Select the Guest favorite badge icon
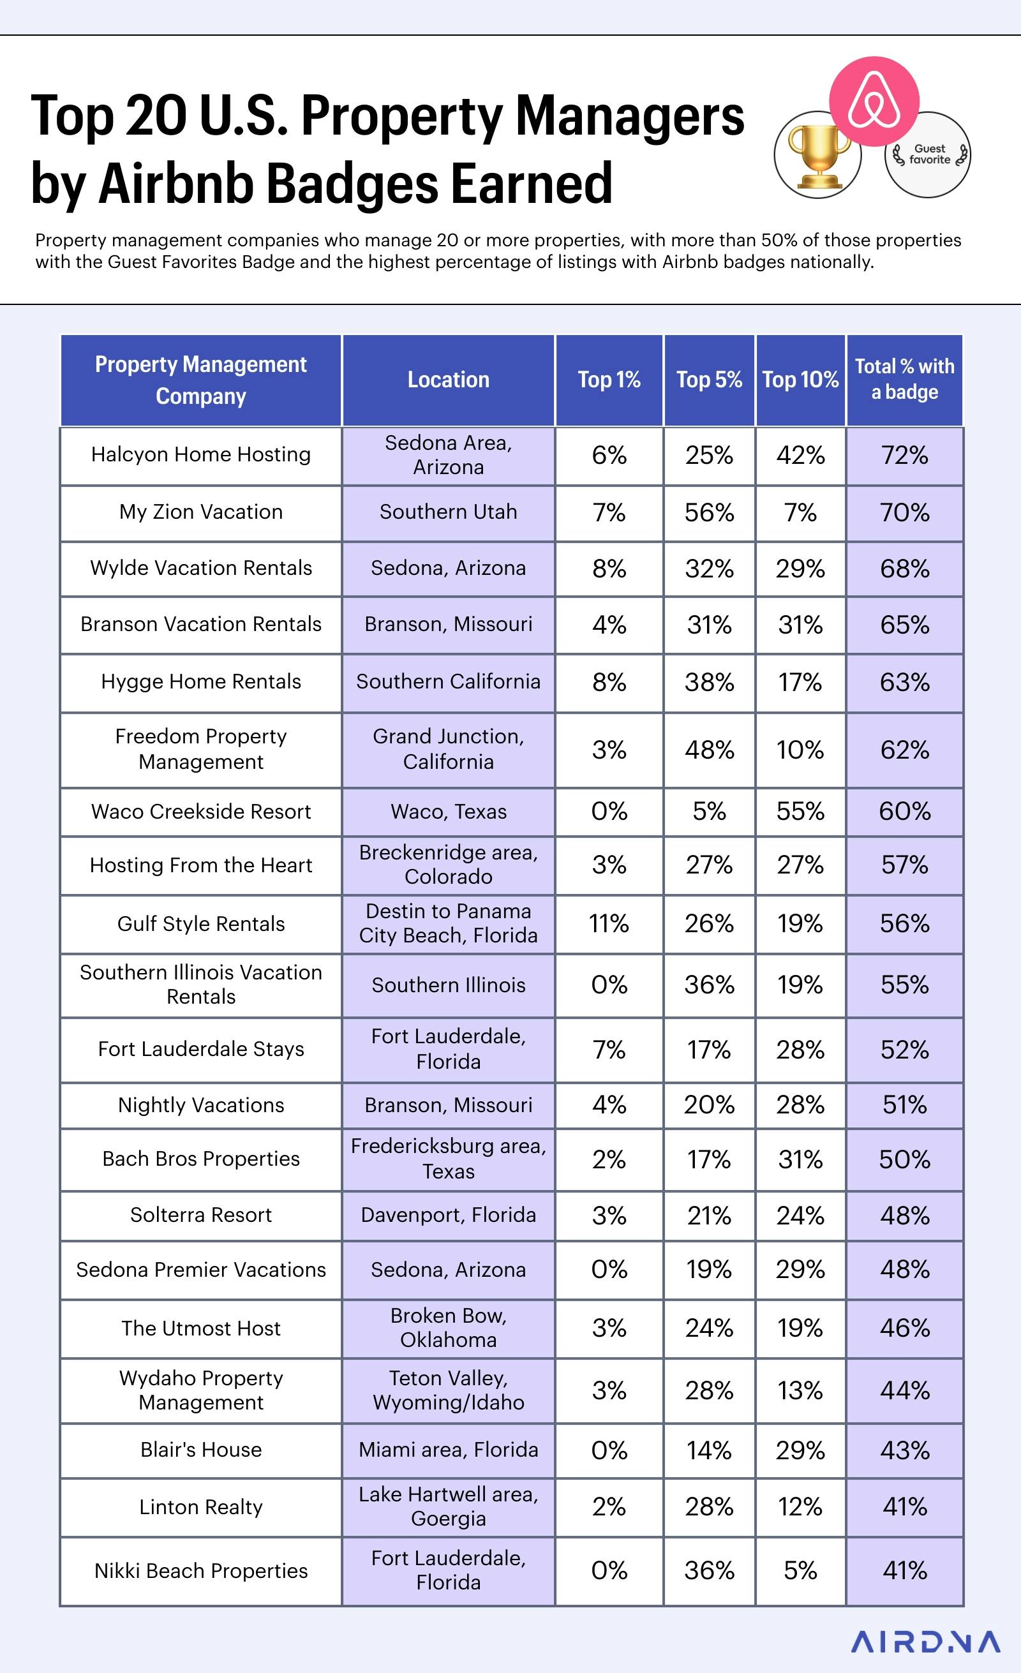coord(928,155)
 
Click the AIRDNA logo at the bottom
coord(925,1642)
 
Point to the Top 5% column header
coord(709,380)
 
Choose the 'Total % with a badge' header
coord(904,380)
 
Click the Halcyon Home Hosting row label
coord(201,454)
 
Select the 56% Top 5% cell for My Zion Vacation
coord(709,512)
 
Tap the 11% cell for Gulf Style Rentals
coord(609,923)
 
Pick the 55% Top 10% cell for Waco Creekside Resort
coord(800,812)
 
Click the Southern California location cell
coord(448,681)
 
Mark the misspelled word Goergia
coord(448,1518)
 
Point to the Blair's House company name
coord(201,1450)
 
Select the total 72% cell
coord(904,455)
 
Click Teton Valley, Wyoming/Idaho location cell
coord(448,1390)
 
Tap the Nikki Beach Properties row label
coord(201,1570)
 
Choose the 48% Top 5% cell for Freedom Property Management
coord(709,750)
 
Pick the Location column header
coord(448,380)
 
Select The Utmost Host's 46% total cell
coord(904,1328)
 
